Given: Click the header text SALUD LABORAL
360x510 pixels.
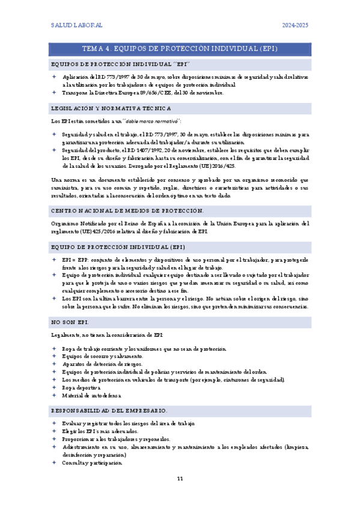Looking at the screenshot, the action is coord(76,25).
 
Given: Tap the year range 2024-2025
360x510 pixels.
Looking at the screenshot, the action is coord(296,25).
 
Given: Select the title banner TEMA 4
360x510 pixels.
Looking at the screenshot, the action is coord(180,49).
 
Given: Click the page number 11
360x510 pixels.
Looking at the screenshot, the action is coord(180,479).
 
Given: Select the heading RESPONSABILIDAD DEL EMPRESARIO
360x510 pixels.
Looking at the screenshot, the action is coord(110,411).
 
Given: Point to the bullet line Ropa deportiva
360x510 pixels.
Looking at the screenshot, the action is coord(84,388).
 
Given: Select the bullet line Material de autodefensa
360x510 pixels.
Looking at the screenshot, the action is coord(91,396).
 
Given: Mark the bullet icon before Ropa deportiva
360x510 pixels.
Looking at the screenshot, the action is coord(53,388).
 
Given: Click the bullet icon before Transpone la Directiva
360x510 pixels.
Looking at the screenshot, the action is coord(53,93).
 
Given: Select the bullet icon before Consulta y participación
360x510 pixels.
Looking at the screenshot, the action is coord(53,463).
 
